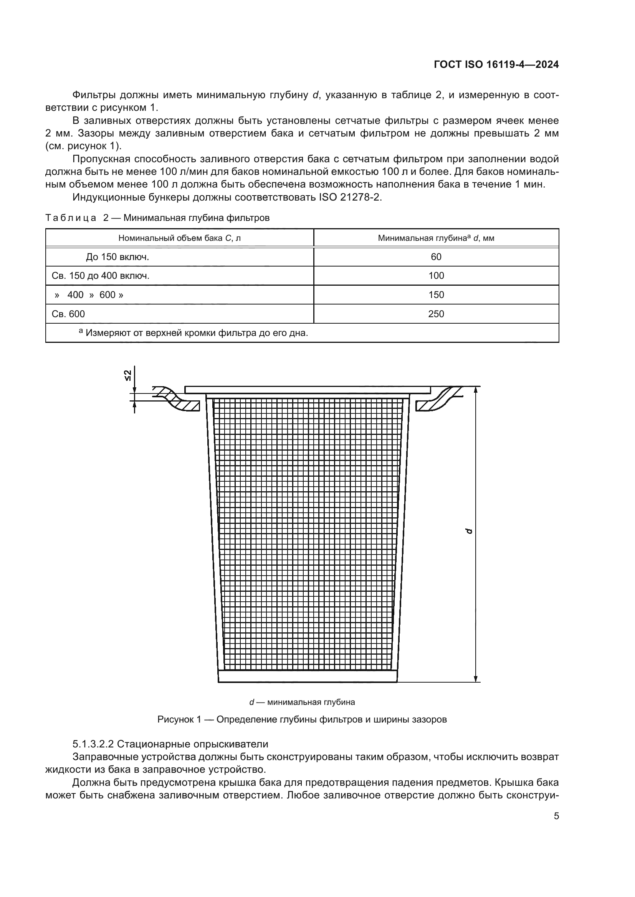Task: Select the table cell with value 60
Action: pos(436,257)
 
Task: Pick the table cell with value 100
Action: pos(436,276)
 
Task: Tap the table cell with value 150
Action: pos(436,295)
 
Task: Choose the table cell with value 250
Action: pos(436,314)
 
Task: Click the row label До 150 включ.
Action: pos(117,257)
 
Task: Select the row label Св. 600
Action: pos(68,314)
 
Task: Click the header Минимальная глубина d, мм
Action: pos(436,238)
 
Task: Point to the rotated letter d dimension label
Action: pos(469,531)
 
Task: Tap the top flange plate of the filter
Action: pos(308,390)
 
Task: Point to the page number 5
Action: pos(556,816)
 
